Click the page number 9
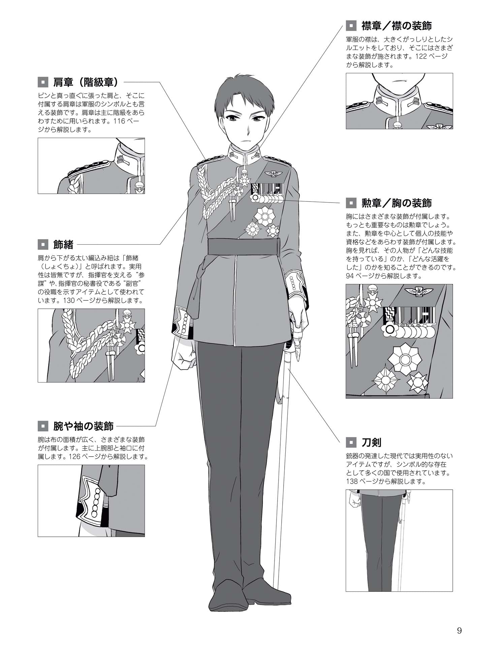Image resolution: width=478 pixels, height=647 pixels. tap(459, 630)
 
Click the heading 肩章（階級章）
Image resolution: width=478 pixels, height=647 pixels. tap(86, 82)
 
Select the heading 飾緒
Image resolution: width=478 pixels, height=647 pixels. tap(63, 244)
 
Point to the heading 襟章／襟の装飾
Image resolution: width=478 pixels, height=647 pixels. tap(396, 26)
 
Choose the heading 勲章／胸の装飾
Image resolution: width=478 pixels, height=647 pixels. tap(396, 203)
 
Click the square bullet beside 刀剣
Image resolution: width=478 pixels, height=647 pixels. tap(351, 442)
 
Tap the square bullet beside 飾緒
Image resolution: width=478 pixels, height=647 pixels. tap(43, 244)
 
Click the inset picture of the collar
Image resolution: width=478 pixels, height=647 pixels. tap(399, 101)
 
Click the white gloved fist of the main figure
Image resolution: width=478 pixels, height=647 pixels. tap(184, 354)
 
